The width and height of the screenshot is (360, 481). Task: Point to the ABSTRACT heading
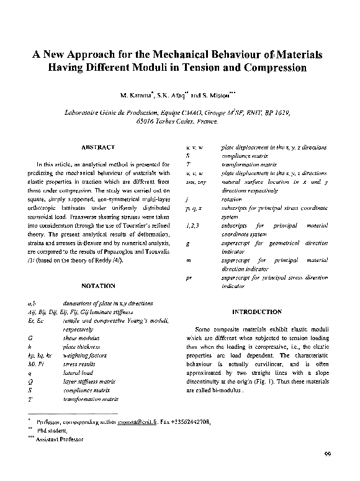tap(98, 147)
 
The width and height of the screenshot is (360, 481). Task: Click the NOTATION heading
tap(98, 286)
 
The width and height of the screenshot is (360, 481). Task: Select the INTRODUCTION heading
tap(256, 312)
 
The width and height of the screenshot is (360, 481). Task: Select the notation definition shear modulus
tap(81, 337)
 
